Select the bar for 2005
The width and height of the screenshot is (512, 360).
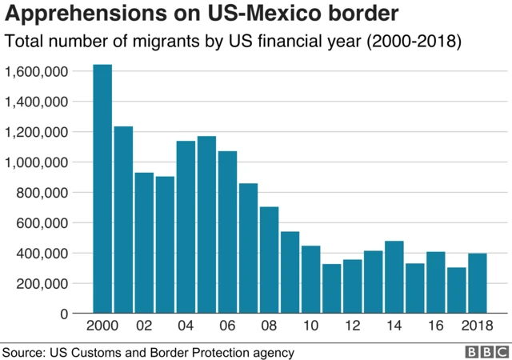tap(206, 224)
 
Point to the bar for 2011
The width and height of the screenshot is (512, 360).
tap(331, 288)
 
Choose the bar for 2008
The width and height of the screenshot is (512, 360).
tap(269, 260)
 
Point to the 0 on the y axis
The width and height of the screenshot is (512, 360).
tap(66, 314)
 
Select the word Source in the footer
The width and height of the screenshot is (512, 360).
tap(23, 352)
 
